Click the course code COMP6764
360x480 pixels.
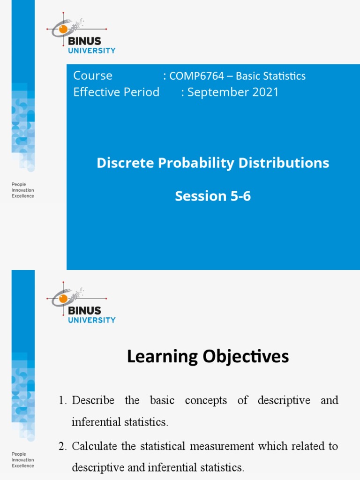pyautogui.click(x=196, y=76)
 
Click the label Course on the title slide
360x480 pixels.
pyautogui.click(x=93, y=76)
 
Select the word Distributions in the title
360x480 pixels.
pyautogui.click(x=284, y=163)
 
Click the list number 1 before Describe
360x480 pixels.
pyautogui.click(x=62, y=401)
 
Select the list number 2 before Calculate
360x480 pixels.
pyautogui.click(x=62, y=446)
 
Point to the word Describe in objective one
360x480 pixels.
pyautogui.click(x=93, y=401)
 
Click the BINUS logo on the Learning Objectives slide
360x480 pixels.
pyautogui.click(x=81, y=305)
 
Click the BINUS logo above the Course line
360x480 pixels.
pyautogui.click(x=81, y=36)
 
